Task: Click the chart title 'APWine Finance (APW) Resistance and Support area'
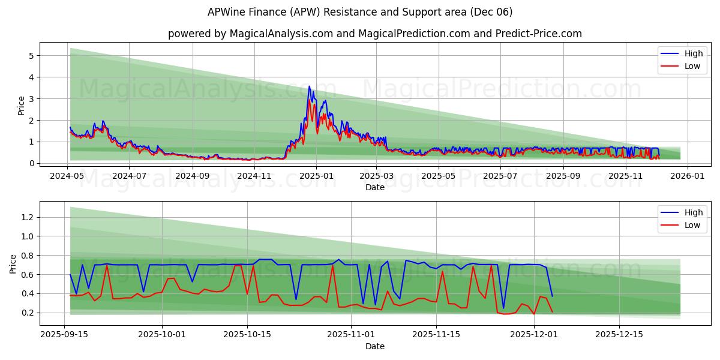(360, 12)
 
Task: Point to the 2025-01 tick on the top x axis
(316, 176)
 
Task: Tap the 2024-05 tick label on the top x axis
(67, 176)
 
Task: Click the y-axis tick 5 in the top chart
(31, 56)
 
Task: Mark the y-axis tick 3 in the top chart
(31, 99)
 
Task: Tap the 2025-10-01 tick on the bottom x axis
(162, 335)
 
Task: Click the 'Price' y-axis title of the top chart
(22, 105)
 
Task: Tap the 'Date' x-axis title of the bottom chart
(375, 346)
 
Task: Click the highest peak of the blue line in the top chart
(310, 86)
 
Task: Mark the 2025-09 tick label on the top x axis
(563, 176)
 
